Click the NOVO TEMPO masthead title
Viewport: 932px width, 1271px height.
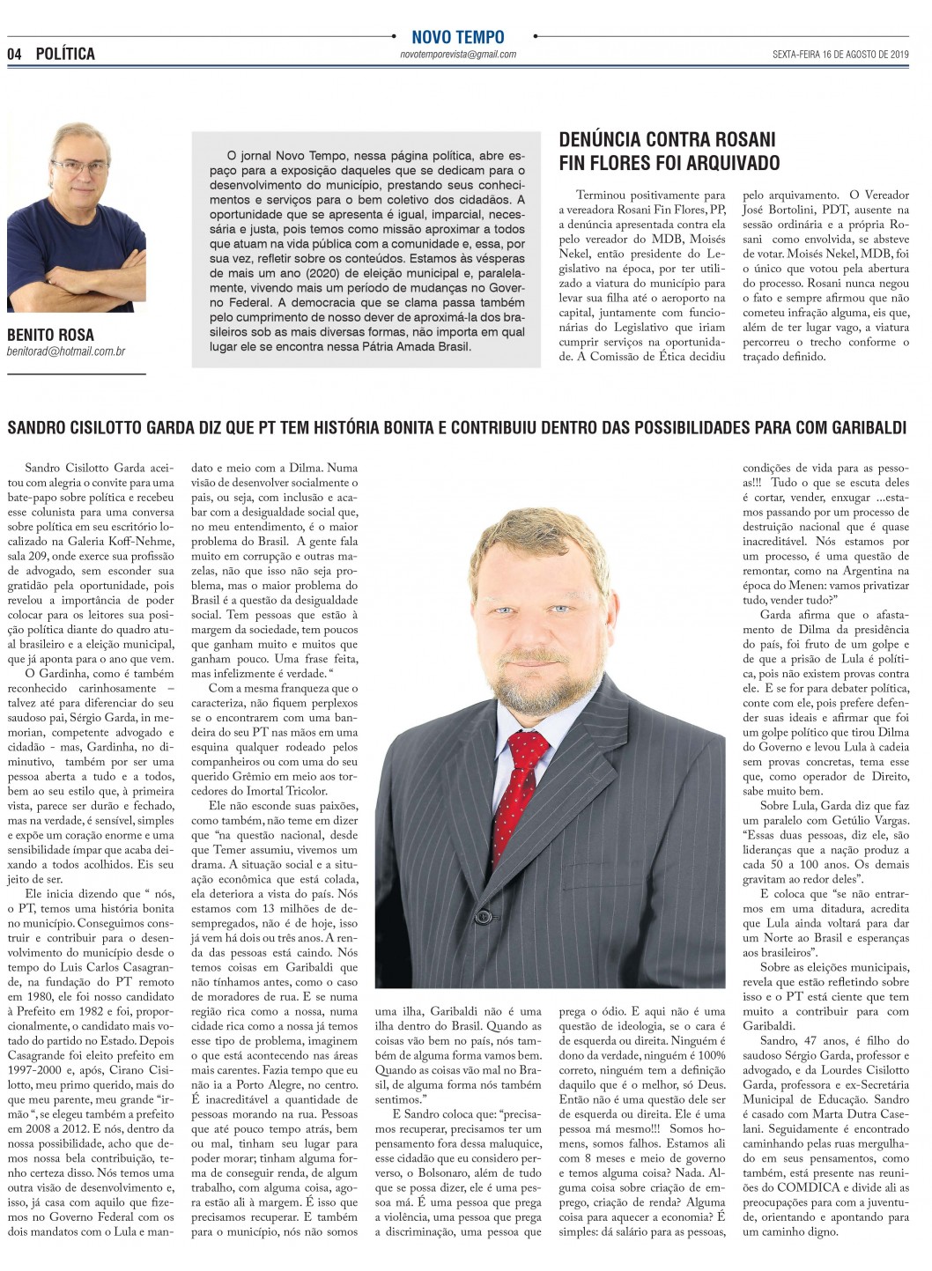(458, 37)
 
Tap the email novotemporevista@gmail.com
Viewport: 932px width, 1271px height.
(457, 55)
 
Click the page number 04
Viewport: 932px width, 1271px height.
(13, 54)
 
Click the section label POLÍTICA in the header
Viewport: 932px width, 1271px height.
(65, 54)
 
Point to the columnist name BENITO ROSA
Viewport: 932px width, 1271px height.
(50, 335)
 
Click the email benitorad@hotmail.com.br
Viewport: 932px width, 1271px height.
(66, 351)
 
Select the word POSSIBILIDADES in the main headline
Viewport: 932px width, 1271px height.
(691, 428)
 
